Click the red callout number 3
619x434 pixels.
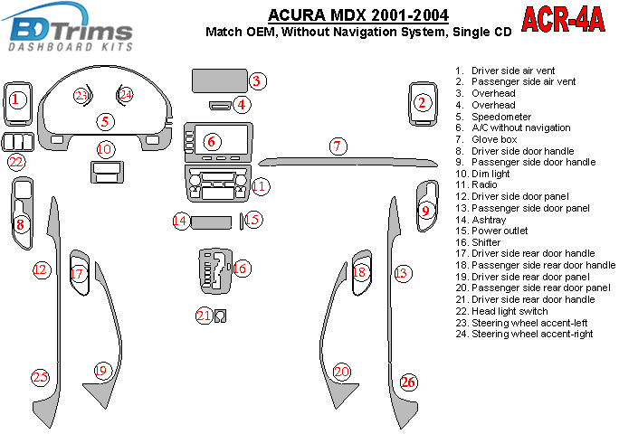click(x=257, y=81)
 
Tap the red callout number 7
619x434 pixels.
click(x=338, y=146)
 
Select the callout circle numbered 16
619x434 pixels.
click(x=240, y=268)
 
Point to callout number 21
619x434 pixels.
click(x=204, y=315)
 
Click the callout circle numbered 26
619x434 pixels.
click(x=408, y=382)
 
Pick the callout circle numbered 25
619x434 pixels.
click(x=40, y=377)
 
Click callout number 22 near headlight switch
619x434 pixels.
click(x=16, y=163)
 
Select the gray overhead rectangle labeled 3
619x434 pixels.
click(x=218, y=81)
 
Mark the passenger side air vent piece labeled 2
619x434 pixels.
click(x=421, y=103)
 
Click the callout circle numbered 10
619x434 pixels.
click(x=106, y=148)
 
